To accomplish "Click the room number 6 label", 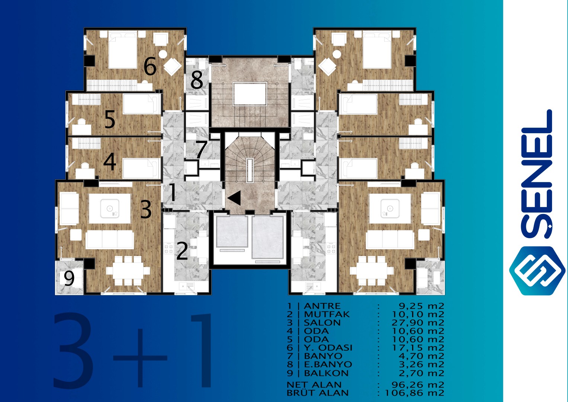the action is coord(150,66).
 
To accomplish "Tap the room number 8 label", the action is coord(197,80).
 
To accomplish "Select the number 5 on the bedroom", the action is coord(110,119).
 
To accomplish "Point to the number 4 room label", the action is coord(110,162).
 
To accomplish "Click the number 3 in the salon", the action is coord(146,209).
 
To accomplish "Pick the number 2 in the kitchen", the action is coord(182,251).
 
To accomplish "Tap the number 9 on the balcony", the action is coord(69,278).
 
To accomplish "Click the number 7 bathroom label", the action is coord(201,150).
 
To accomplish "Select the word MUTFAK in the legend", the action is coord(327,314).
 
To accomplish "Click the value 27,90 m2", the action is coord(418,323).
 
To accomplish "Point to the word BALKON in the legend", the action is coord(326,373).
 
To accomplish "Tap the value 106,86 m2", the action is coord(415,393).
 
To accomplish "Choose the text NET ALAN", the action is coord(314,385).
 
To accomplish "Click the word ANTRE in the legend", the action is coord(322,306).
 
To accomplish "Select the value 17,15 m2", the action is coord(418,348).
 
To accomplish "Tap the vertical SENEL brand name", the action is coord(537,174).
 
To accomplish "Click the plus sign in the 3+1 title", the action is coord(140,358).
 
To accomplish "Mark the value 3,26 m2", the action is coord(422,364).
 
